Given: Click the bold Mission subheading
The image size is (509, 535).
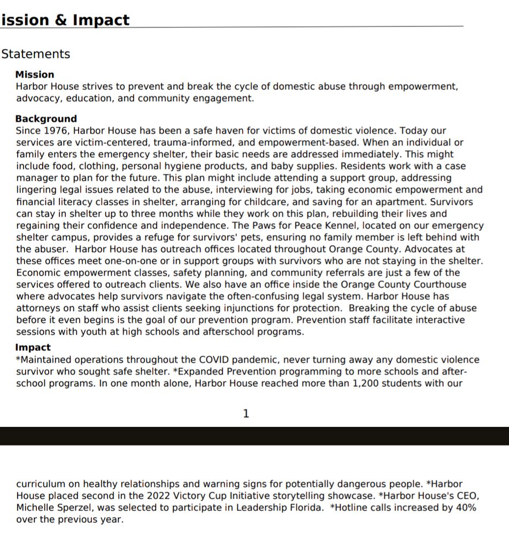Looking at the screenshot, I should pos(35,74).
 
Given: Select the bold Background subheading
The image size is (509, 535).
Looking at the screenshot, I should pos(46,119).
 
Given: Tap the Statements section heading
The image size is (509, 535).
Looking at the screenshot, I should pos(36,54).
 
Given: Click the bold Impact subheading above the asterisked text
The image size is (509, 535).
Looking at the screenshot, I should pos(33,348).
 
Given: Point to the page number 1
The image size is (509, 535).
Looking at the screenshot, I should pos(246,414).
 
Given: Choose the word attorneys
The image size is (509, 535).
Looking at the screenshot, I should pos(38,308).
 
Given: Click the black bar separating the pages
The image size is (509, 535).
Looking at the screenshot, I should pos(254,436).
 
